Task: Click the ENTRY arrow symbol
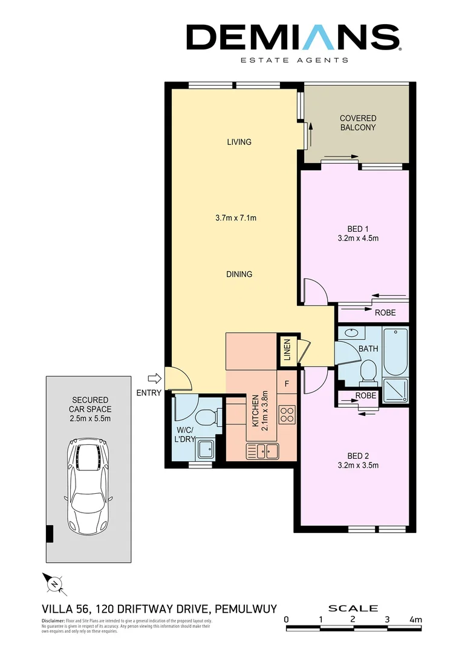coord(155,379)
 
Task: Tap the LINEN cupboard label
coord(287,350)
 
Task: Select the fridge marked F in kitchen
coord(287,383)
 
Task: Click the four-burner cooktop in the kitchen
coord(287,414)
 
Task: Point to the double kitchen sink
coord(262,450)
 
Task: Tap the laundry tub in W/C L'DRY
coord(204,449)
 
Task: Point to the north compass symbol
coord(54,583)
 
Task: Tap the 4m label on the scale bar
coord(415,619)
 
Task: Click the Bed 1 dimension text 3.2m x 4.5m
coord(359,238)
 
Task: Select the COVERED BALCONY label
coord(357,123)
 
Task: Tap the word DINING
coord(239,274)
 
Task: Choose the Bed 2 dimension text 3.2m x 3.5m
coord(359,465)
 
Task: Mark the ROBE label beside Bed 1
coord(385,313)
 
